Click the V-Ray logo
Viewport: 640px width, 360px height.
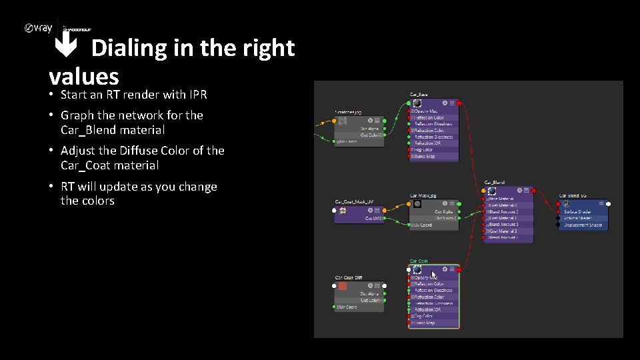click(x=39, y=29)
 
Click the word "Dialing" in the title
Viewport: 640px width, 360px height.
click(x=129, y=48)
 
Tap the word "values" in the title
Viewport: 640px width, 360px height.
click(x=83, y=75)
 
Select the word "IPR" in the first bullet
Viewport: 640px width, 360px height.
click(x=198, y=95)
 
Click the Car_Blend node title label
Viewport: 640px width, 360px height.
click(x=494, y=181)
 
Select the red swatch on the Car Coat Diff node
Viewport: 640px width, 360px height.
click(x=343, y=286)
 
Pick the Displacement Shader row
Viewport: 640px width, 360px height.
click(x=583, y=225)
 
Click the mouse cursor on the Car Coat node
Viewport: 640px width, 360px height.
click(x=434, y=274)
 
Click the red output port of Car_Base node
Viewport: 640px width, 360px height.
click(x=459, y=103)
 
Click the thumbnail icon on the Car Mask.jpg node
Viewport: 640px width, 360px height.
click(x=417, y=203)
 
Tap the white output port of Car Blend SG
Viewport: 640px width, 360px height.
click(x=608, y=203)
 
